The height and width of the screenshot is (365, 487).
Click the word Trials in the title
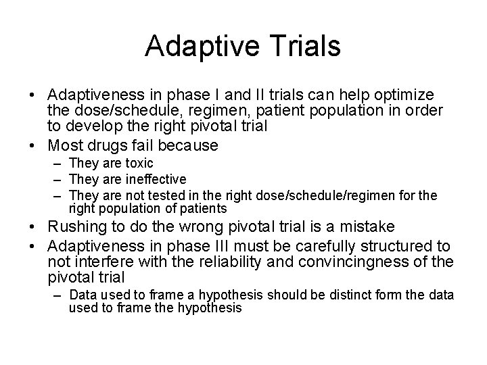(x=302, y=46)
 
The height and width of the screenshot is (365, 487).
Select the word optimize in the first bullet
(x=403, y=95)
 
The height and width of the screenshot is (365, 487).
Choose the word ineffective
(x=154, y=179)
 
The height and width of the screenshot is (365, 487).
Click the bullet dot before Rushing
(x=38, y=226)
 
